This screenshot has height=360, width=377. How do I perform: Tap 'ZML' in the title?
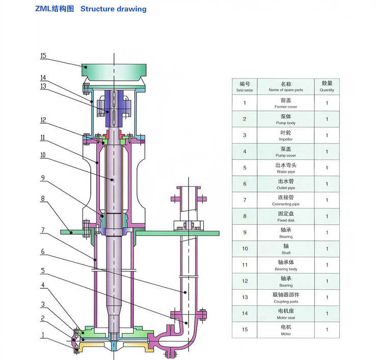click(x=44, y=9)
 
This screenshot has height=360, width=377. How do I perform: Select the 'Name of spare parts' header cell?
click(x=286, y=87)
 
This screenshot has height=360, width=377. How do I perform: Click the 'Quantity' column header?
click(x=327, y=87)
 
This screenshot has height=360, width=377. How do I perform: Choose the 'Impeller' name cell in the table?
click(x=286, y=135)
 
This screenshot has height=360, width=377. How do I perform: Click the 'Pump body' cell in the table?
click(x=286, y=119)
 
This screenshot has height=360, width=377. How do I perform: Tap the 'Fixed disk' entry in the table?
click(x=286, y=216)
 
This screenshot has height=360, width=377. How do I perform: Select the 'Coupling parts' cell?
click(x=286, y=298)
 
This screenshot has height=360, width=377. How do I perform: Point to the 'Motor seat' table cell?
click(x=286, y=314)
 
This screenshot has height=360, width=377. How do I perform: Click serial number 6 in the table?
click(x=245, y=184)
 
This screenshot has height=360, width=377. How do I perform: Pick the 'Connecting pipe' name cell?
click(x=286, y=200)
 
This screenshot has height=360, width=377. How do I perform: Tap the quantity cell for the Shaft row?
click(x=327, y=249)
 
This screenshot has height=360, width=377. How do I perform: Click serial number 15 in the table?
click(x=245, y=330)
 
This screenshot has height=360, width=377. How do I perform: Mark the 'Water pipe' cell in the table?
click(x=286, y=168)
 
